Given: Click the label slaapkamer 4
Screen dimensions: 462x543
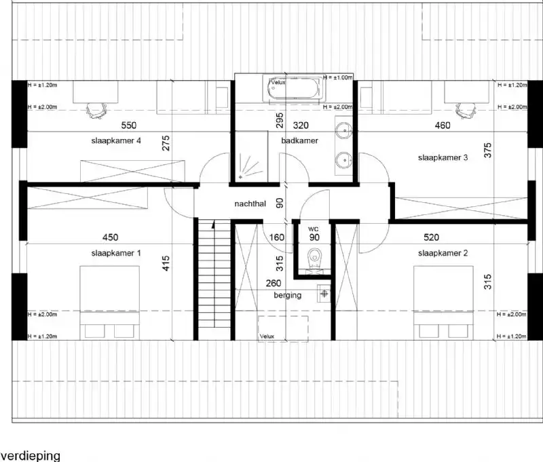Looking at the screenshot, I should [x=116, y=141].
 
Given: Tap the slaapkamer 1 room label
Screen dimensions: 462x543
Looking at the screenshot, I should [x=116, y=253].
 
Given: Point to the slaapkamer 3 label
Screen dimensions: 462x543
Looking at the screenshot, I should [x=443, y=158].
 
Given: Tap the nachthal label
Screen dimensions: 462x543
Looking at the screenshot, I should [x=250, y=203].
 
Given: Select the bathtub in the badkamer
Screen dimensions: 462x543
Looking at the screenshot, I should [x=295, y=90].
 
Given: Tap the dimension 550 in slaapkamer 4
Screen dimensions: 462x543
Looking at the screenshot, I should [x=129, y=126].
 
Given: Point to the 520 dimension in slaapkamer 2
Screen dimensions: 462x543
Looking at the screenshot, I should [x=431, y=237].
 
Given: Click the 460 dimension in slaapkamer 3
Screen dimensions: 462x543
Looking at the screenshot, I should [x=443, y=126].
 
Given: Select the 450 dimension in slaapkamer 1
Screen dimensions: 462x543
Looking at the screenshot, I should [x=110, y=237].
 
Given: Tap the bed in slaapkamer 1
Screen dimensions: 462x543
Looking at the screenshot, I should [x=110, y=302].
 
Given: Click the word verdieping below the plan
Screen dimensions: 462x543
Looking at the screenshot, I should [x=31, y=455].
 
